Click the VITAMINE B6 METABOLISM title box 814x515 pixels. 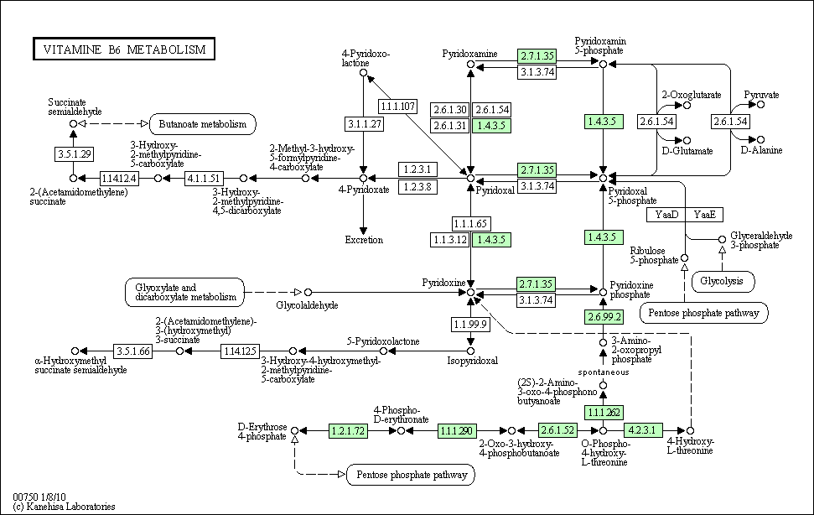pyautogui.click(x=123, y=49)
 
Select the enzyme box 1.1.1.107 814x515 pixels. pyautogui.click(x=398, y=107)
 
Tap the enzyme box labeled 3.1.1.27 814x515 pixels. pyautogui.click(x=364, y=124)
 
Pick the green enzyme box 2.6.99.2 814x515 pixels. pyautogui.click(x=603, y=317)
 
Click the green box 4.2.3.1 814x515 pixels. pyautogui.click(x=645, y=430)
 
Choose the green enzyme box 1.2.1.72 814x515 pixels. pyautogui.click(x=349, y=430)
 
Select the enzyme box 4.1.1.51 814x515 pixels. pyautogui.click(x=203, y=178)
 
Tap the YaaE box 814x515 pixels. pyautogui.click(x=704, y=215)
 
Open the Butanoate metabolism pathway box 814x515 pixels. pyautogui.click(x=202, y=124)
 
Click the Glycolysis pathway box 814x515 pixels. pyautogui.click(x=722, y=281)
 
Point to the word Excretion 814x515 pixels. pyautogui.click(x=364, y=240)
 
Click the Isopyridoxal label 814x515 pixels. pyautogui.click(x=472, y=361)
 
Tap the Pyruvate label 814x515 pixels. pyautogui.click(x=761, y=95)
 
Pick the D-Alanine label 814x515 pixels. pyautogui.click(x=761, y=150)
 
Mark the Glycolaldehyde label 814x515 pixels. pyautogui.click(x=307, y=305)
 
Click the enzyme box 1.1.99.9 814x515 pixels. pyautogui.click(x=471, y=324)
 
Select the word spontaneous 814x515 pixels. pyautogui.click(x=603, y=371)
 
